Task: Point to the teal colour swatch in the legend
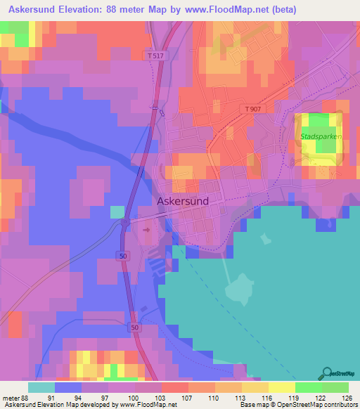[x=41, y=387]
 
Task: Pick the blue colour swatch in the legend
[x=68, y=387]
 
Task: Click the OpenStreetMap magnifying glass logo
[x=328, y=372]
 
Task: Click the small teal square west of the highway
[x=117, y=212]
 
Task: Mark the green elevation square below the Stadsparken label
[x=326, y=146]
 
